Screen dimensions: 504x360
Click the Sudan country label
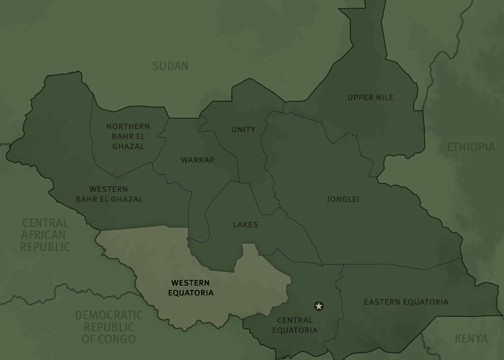click(x=170, y=66)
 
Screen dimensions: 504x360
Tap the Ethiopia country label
click(x=470, y=147)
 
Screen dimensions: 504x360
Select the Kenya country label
click(x=471, y=338)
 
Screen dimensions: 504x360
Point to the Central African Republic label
click(x=45, y=235)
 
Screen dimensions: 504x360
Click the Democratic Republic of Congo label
click(x=109, y=327)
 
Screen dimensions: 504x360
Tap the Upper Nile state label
click(x=371, y=97)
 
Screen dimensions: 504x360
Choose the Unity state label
click(x=243, y=130)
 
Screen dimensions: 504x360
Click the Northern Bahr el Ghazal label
click(x=128, y=136)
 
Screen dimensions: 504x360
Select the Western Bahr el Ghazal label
click(x=109, y=194)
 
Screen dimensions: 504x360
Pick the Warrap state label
click(x=198, y=160)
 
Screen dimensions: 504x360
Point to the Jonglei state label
click(x=343, y=199)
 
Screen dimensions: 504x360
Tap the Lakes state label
click(x=245, y=225)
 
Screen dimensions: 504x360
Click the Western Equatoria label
click(x=191, y=288)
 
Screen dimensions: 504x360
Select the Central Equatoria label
click(x=295, y=325)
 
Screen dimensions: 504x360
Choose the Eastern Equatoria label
click(x=406, y=302)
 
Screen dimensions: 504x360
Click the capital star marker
click(x=319, y=306)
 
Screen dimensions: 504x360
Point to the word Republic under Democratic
click(x=109, y=327)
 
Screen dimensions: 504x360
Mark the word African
click(x=43, y=235)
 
